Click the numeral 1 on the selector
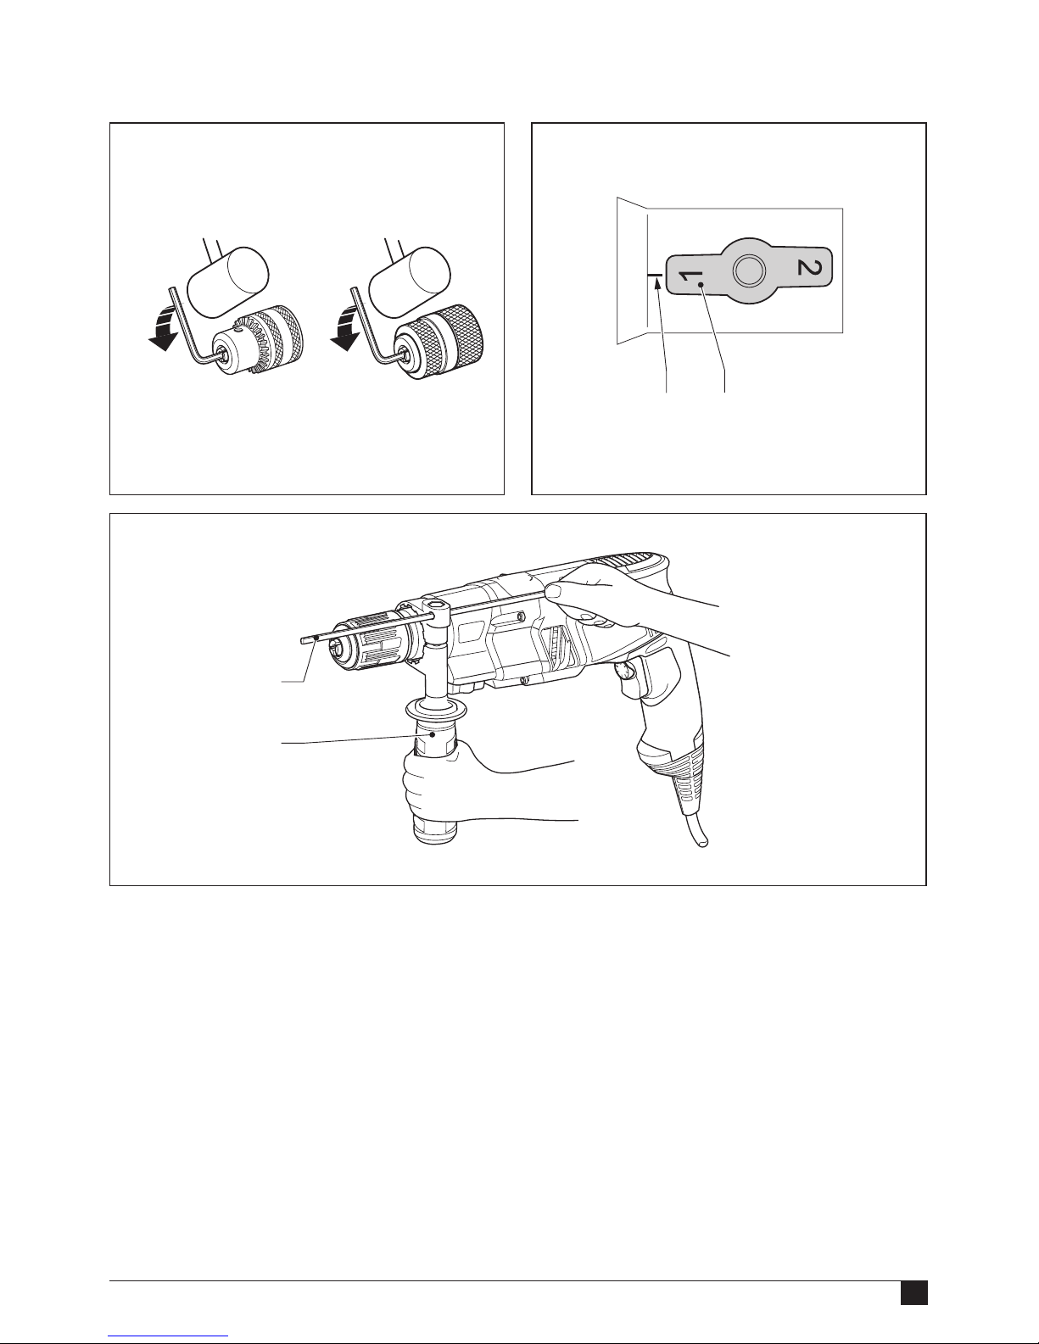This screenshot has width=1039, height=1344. click(x=687, y=276)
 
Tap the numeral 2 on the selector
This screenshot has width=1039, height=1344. click(x=809, y=268)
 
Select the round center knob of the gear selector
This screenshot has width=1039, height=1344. click(x=749, y=270)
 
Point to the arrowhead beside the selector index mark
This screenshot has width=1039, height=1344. click(x=656, y=282)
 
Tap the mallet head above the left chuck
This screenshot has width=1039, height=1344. click(x=227, y=281)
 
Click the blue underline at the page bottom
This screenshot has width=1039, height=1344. click(x=168, y=1334)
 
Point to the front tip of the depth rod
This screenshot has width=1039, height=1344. click(x=303, y=641)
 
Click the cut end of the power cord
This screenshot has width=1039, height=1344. click(x=702, y=841)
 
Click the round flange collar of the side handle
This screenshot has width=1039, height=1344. click(x=435, y=710)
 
